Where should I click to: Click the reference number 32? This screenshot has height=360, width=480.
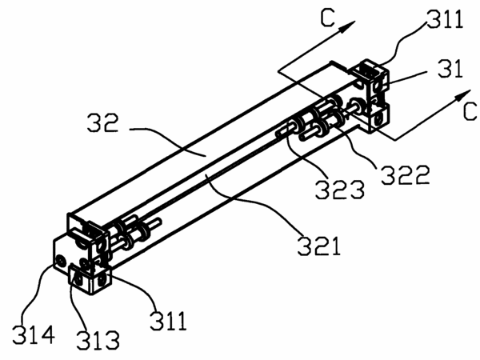click(102, 122)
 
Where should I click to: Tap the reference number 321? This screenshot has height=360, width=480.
click(319, 246)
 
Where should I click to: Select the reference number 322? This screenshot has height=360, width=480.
click(406, 174)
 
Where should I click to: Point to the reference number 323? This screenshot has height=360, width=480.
click(340, 190)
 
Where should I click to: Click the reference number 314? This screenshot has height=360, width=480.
click(34, 334)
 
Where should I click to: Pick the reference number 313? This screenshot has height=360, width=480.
click(98, 340)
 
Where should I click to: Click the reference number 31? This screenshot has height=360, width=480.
click(450, 69)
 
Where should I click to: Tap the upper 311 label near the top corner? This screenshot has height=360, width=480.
click(445, 19)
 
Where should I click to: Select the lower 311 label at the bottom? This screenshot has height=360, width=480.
click(168, 321)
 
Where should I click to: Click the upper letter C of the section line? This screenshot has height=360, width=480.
click(327, 18)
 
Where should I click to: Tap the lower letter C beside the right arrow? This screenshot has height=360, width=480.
click(470, 111)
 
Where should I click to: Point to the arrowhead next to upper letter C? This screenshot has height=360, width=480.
click(347, 26)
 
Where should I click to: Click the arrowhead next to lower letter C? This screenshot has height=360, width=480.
click(462, 95)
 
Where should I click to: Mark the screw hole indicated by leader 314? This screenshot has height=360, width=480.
click(61, 261)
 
